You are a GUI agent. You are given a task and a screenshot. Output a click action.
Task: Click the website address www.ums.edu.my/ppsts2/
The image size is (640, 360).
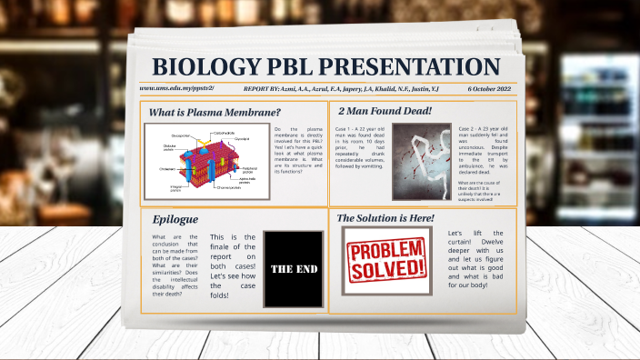click(x=176, y=89)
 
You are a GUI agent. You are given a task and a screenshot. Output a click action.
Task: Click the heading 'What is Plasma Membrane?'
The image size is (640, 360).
click(x=215, y=112)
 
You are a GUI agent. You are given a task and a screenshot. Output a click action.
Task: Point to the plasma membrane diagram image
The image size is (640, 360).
click(x=206, y=162)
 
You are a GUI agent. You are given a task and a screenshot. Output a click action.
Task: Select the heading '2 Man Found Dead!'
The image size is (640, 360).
click(x=385, y=111)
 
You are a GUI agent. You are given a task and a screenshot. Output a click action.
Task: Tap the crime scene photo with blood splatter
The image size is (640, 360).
click(x=422, y=161)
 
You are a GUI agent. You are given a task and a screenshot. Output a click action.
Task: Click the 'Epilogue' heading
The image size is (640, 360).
click(x=175, y=219)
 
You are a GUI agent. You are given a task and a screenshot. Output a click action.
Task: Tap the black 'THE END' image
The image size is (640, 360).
click(x=293, y=268)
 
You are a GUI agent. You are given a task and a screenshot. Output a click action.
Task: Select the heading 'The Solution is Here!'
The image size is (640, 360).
click(x=385, y=218)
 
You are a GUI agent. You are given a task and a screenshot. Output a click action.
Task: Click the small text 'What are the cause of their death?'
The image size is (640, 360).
click(x=485, y=190)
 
